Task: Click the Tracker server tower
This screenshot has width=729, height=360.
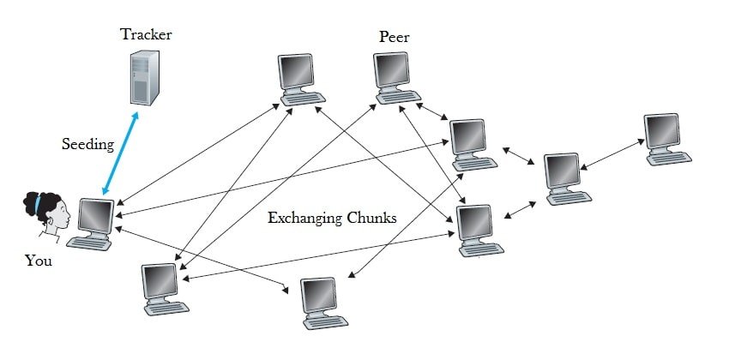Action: click(143, 77)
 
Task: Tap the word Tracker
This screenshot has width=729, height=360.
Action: click(146, 34)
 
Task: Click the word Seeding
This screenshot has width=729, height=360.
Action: click(87, 144)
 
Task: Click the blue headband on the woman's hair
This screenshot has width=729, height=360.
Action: click(38, 204)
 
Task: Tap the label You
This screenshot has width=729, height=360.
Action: click(38, 261)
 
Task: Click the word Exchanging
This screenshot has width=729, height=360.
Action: click(305, 218)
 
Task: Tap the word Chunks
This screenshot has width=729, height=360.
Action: click(371, 218)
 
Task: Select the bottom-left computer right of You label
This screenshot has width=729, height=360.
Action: click(163, 287)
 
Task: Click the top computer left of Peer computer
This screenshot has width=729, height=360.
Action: click(299, 78)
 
